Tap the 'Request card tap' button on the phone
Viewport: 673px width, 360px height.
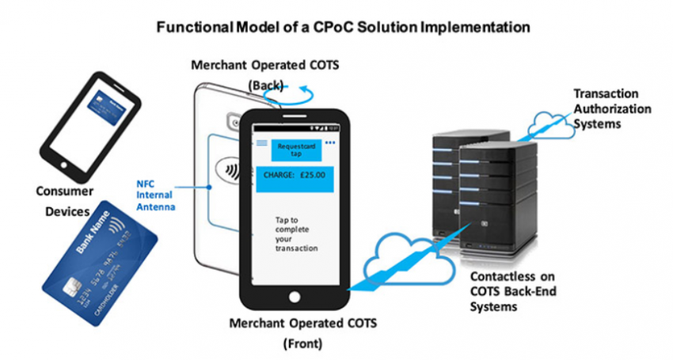pos(294,149)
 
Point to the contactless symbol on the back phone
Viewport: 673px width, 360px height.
pos(229,168)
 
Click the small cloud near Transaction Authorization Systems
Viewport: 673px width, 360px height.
pos(550,123)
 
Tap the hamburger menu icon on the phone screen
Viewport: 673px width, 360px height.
pos(262,143)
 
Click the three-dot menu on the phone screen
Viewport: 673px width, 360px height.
pos(330,143)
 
